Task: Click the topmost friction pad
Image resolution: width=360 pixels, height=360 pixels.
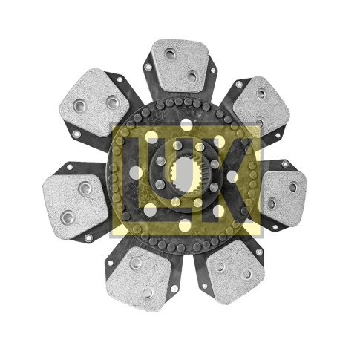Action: [180, 65]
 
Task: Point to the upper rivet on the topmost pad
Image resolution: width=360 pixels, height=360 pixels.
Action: [171, 54]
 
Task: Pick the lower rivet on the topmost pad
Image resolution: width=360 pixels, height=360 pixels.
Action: [192, 76]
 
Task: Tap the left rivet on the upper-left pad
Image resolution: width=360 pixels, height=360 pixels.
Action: [81, 105]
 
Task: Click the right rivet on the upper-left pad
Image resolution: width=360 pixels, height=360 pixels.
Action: [112, 102]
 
